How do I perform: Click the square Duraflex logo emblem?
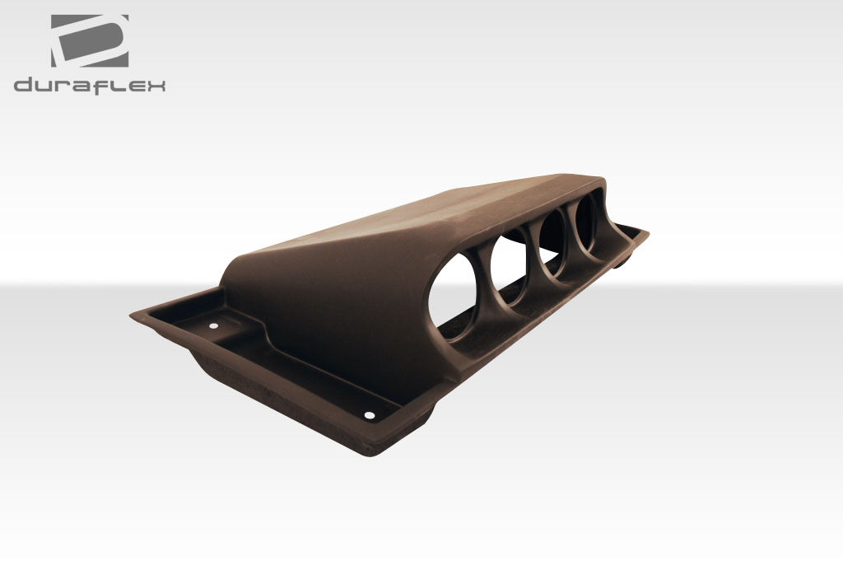click(x=89, y=40)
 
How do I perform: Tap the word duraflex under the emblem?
click(x=89, y=85)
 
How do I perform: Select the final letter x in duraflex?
click(x=155, y=85)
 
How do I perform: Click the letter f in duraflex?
click(x=101, y=85)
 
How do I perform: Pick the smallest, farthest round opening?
click(x=590, y=219)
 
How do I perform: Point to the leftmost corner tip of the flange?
click(x=133, y=314)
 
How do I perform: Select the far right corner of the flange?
click(x=646, y=232)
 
